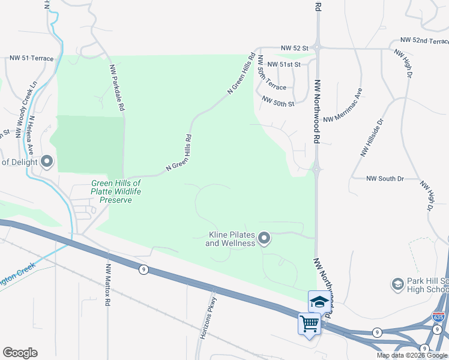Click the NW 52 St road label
pos(294,47)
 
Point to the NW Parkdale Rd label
pos(117,89)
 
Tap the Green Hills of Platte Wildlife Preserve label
pos(116,191)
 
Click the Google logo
pos(20,353)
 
